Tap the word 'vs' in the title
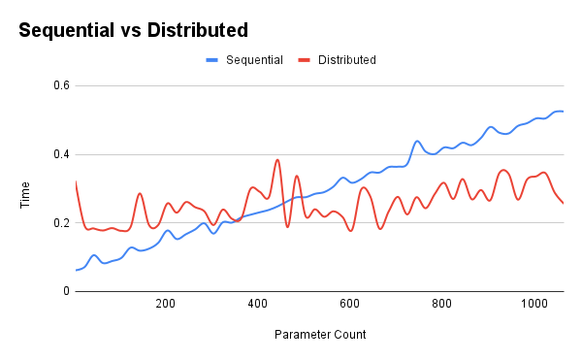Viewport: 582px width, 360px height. click(x=130, y=30)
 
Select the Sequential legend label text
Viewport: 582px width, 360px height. click(x=254, y=60)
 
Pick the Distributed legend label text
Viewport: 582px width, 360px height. click(x=347, y=60)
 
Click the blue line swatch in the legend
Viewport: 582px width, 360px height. click(x=212, y=60)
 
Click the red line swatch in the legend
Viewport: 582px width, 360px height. click(x=306, y=60)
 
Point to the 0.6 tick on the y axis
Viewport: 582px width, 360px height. click(x=60, y=85)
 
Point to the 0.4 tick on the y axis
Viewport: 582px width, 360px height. click(x=60, y=154)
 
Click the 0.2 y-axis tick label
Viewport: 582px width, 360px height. click(x=60, y=223)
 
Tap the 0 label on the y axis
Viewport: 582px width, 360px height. click(x=66, y=291)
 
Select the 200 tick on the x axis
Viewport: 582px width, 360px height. click(x=165, y=304)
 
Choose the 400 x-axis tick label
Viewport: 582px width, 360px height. click(x=257, y=304)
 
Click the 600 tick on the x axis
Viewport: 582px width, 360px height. click(x=349, y=304)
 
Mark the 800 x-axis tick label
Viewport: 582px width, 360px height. click(x=441, y=304)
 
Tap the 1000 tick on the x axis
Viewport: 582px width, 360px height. click(x=533, y=304)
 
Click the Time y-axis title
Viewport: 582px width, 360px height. click(x=26, y=188)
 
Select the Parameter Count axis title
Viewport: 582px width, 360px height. click(x=319, y=335)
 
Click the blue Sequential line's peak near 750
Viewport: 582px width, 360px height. click(x=417, y=142)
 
